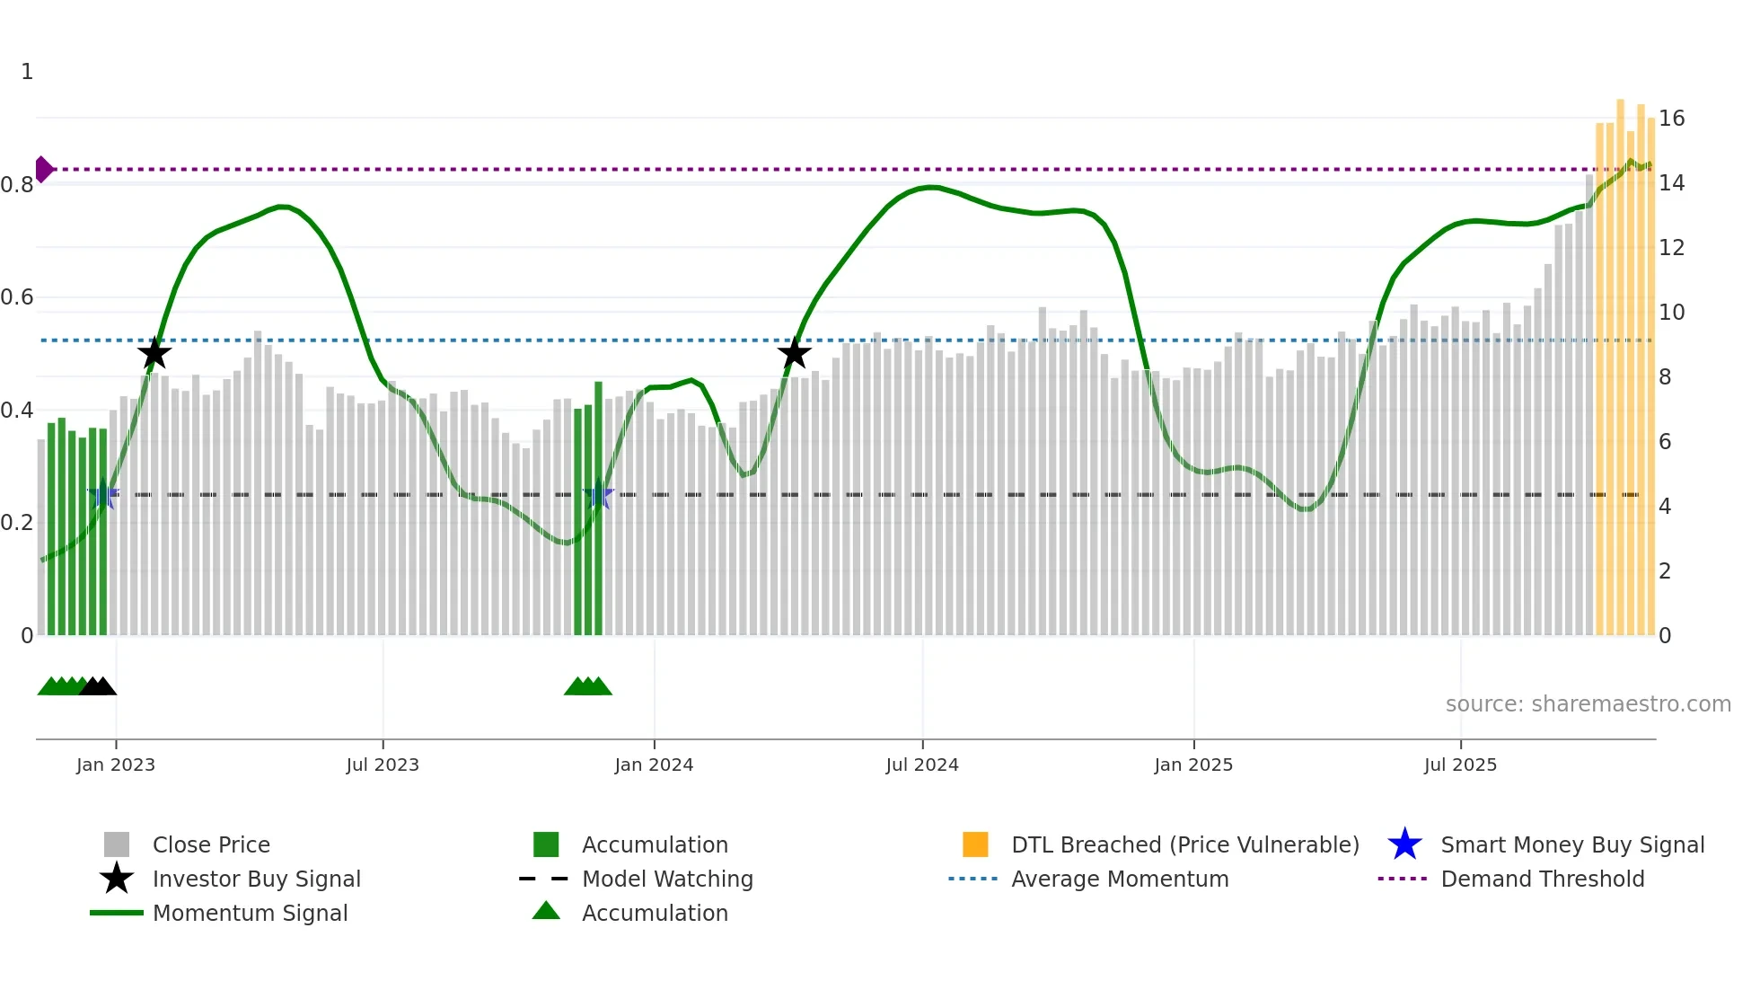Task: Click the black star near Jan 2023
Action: (x=154, y=354)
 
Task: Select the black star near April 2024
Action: (x=794, y=354)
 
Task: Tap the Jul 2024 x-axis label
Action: (x=922, y=765)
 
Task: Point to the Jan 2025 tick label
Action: (x=1193, y=765)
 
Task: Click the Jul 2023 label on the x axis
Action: (x=383, y=765)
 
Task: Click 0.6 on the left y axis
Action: (x=17, y=297)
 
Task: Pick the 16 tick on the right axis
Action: (x=1671, y=119)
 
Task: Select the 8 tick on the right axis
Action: (x=1665, y=377)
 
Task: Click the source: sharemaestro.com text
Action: (x=1588, y=704)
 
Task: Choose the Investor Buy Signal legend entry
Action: (x=256, y=879)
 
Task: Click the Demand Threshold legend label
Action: (x=1542, y=879)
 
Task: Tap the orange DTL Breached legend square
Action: (x=975, y=844)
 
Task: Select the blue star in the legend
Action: (x=1404, y=844)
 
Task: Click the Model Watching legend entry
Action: (x=666, y=879)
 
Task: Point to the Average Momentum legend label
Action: (x=1119, y=879)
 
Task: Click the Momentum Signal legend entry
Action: (x=250, y=913)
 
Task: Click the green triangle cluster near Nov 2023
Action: (x=588, y=687)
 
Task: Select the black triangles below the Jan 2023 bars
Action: (x=98, y=687)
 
